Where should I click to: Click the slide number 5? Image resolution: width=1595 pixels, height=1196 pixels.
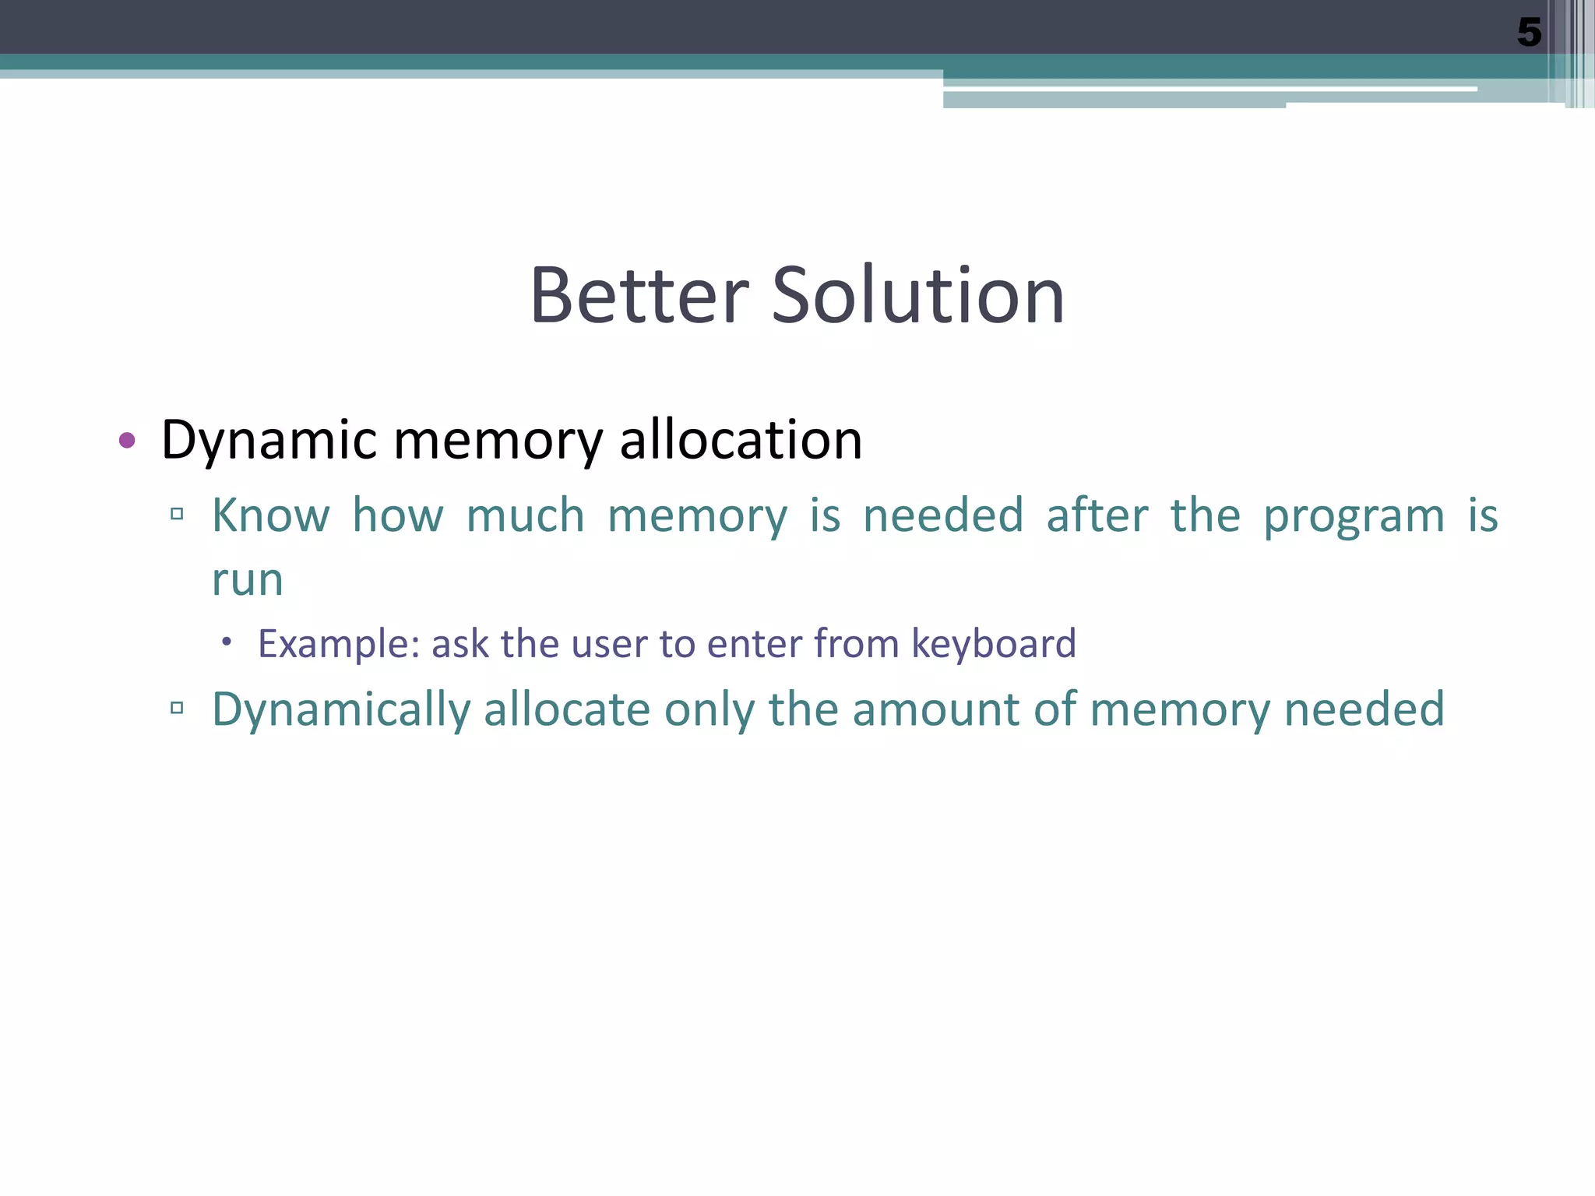point(1529,33)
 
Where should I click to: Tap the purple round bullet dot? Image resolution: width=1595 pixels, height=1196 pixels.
point(127,441)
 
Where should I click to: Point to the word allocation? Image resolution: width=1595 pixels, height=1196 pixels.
point(741,440)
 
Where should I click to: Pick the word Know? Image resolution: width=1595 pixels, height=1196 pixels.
point(271,515)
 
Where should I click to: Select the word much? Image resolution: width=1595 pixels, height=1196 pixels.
point(526,515)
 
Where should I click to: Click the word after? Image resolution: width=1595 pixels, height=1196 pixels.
point(1097,515)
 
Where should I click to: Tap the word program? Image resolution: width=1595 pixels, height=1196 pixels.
point(1354,517)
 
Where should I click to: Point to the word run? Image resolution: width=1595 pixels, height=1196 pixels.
point(248,580)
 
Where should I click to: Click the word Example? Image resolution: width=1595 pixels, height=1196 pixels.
point(339,645)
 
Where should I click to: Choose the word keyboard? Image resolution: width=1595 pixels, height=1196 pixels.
point(993,645)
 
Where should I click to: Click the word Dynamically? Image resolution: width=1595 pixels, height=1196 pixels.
point(341,710)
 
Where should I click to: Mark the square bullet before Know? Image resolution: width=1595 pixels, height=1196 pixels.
point(177,514)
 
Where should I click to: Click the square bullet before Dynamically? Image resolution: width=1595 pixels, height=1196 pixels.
point(177,708)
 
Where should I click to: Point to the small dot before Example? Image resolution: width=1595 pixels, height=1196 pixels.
point(227,642)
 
